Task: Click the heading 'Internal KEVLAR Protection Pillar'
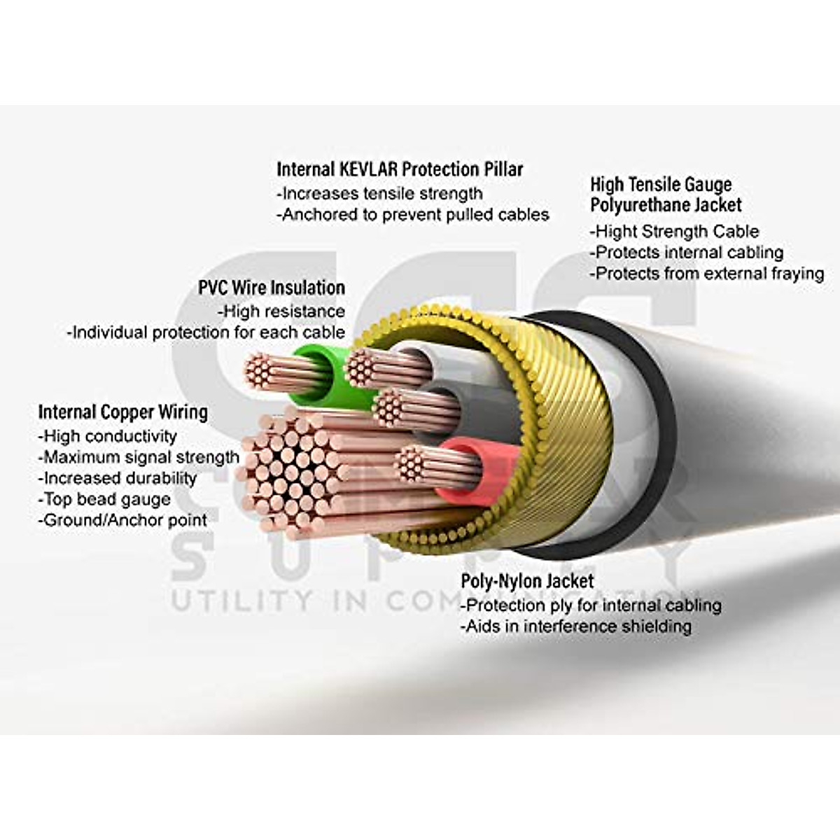point(400,169)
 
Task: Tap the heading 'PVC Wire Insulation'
point(272,288)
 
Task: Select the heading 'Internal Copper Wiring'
point(123,412)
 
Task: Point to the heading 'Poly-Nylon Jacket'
point(527,581)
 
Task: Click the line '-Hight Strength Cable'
point(675,232)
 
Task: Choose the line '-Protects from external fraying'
point(707,274)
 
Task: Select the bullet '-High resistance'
point(281,311)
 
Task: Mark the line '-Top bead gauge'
point(104,500)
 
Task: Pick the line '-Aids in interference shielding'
point(575,626)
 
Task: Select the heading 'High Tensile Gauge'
point(661,185)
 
